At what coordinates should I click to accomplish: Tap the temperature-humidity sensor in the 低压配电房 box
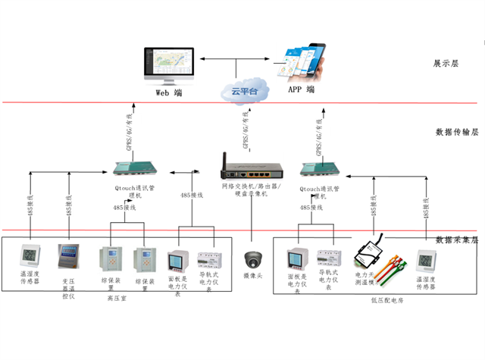pyautogui.click(x=427, y=261)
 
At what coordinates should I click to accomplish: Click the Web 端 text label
pyautogui.click(x=168, y=92)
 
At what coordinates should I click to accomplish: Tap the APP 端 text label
pyautogui.click(x=301, y=89)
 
